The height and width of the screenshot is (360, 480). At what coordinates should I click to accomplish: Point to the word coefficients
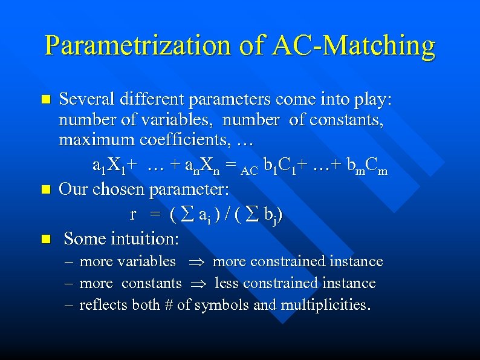[x=185, y=142]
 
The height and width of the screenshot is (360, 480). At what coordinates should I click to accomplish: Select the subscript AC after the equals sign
[x=248, y=171]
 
